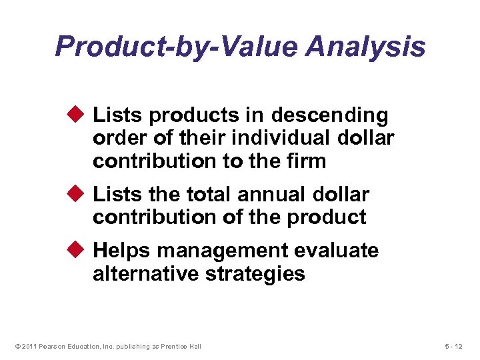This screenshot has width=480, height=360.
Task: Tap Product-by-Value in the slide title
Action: tap(167, 47)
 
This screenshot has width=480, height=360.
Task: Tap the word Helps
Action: tap(122, 251)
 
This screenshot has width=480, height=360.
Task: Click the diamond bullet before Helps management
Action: tap(77, 250)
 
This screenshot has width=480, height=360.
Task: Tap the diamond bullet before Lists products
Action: tap(77, 115)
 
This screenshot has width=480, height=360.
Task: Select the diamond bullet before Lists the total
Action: tap(77, 194)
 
